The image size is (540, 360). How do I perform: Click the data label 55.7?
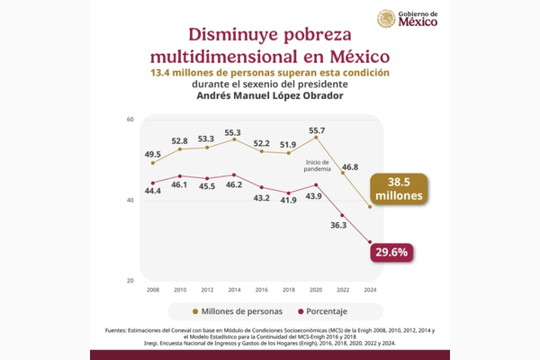pos(316,130)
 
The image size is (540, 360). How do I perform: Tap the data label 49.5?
pos(152,154)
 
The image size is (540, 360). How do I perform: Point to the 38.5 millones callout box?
pos(396,188)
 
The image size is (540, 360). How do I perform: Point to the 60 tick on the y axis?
pos(130,119)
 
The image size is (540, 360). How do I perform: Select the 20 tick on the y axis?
pos(130,280)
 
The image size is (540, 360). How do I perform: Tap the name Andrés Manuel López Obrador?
pos(270,96)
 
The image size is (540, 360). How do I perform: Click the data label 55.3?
pos(234,131)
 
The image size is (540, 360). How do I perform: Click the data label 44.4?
pos(152,190)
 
